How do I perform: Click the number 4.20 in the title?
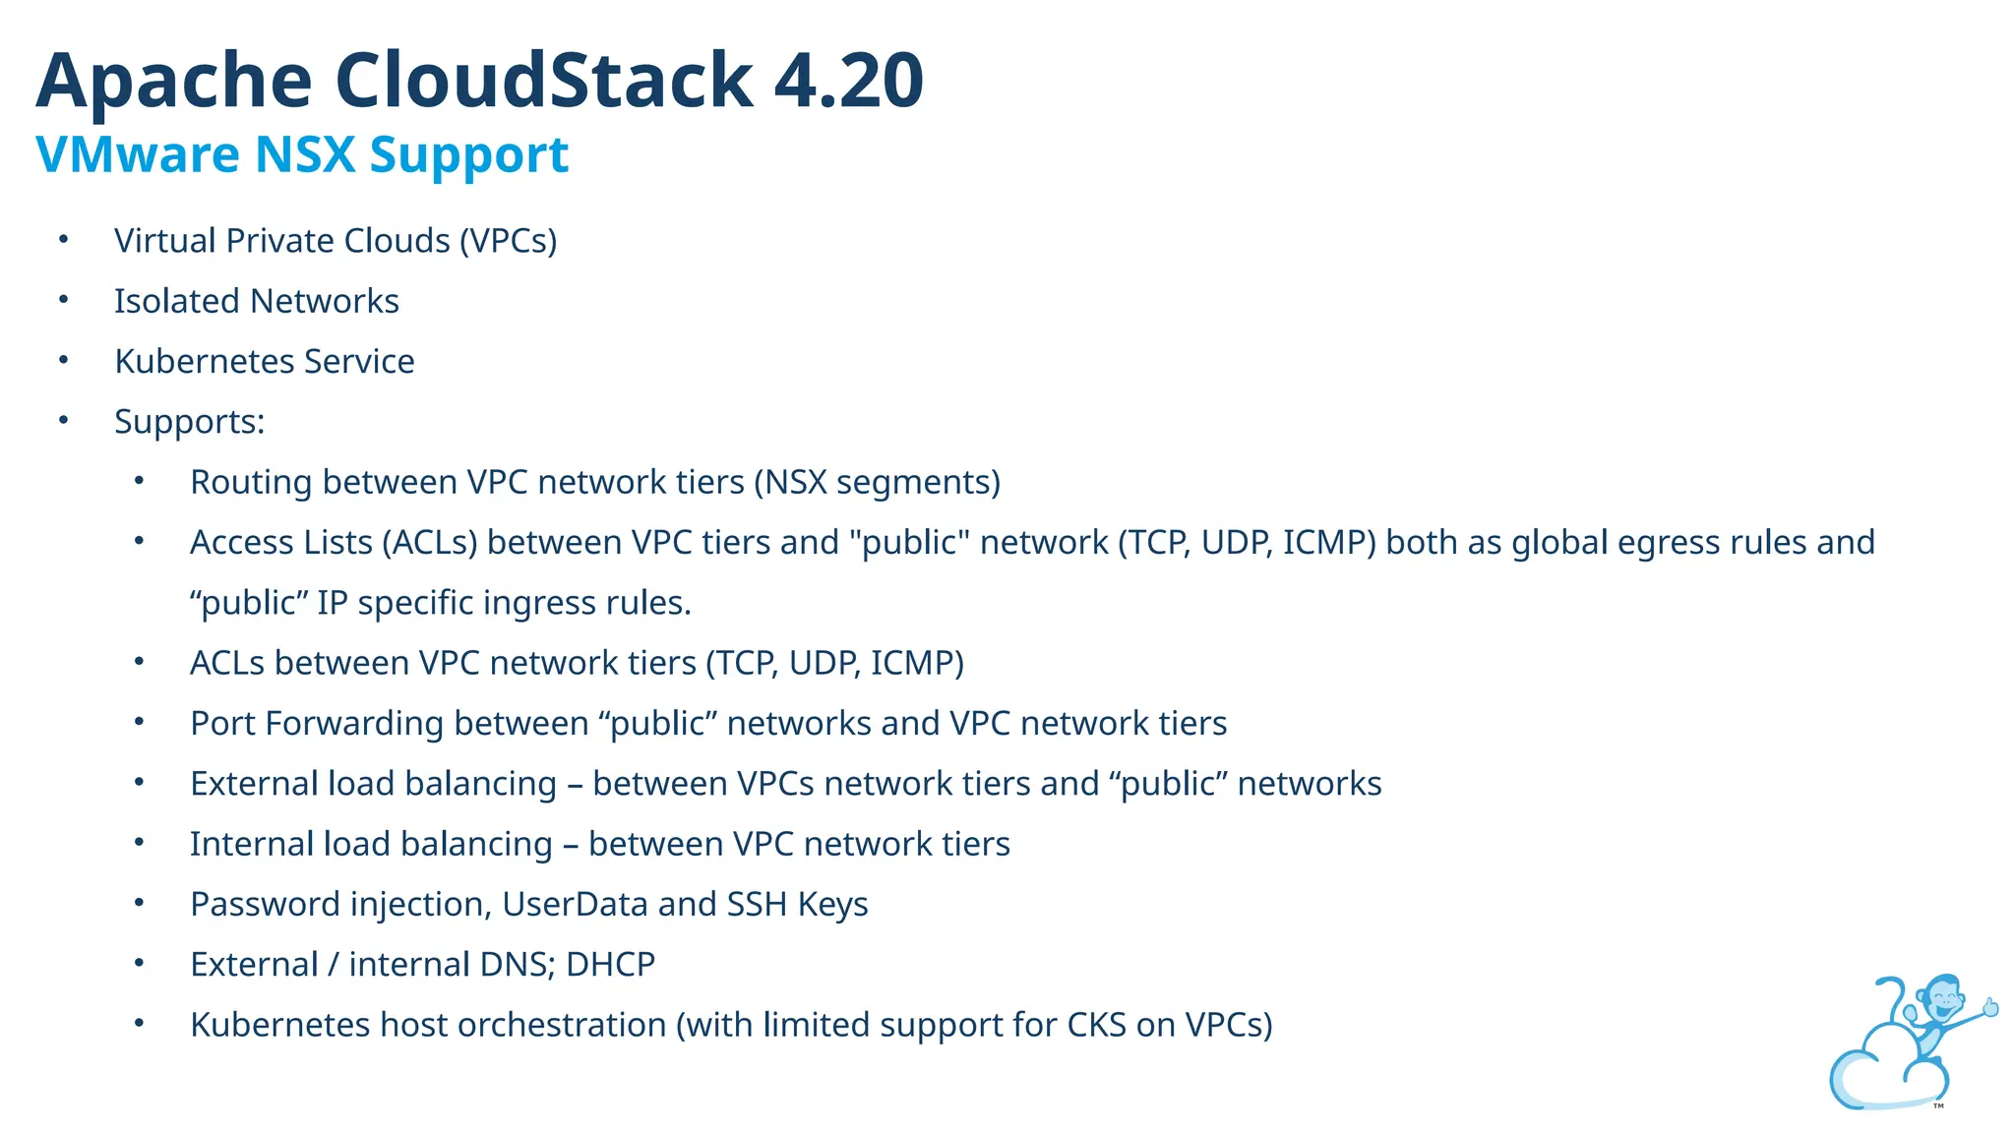pos(848,81)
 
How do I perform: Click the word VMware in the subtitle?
pos(138,154)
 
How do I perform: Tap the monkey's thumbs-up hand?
pos(1989,1007)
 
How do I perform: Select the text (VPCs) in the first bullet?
pos(508,241)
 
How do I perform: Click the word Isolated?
pos(177,301)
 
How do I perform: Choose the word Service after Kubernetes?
pos(359,362)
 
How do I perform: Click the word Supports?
pos(190,422)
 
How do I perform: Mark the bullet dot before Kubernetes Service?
pos(64,361)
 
